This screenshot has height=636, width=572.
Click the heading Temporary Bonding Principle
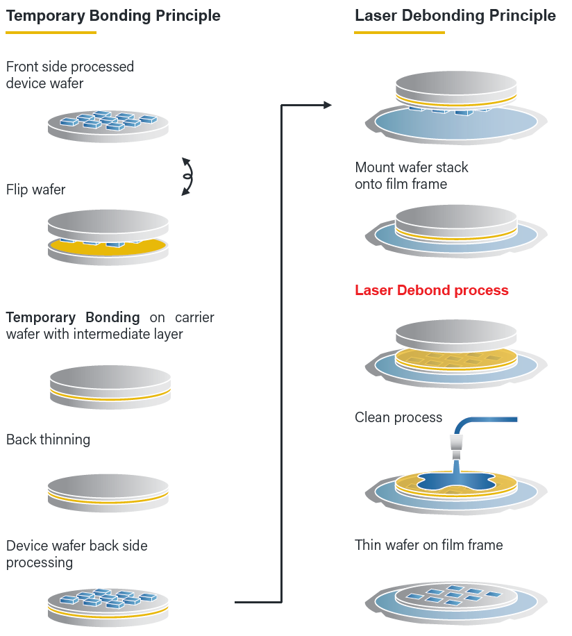113,15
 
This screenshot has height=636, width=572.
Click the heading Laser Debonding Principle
455,15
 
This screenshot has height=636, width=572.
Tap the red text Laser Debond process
431,290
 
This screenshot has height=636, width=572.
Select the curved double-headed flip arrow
187,176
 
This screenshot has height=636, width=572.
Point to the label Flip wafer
35,190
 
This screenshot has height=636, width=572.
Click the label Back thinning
48,440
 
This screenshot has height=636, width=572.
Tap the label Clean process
398,417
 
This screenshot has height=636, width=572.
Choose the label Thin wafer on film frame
428,545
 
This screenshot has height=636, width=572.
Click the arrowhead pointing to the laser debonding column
327,105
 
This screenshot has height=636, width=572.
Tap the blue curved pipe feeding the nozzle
486,419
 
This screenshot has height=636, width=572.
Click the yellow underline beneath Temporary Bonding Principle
51,33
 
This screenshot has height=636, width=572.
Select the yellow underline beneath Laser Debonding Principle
399,33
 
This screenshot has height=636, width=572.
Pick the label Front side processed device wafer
69,75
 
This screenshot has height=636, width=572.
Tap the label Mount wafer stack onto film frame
411,176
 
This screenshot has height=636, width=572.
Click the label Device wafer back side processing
76,554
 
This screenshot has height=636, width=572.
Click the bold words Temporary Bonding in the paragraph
73,317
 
